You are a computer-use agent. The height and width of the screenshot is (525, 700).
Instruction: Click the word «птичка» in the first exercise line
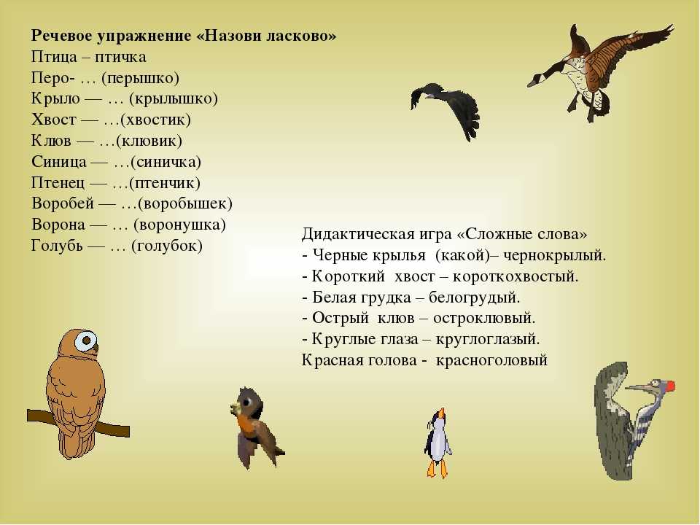120,57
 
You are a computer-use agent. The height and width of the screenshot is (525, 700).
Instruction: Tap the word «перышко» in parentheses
141,78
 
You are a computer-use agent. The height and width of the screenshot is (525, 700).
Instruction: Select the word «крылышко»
174,98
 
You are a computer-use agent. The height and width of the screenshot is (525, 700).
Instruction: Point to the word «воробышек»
185,203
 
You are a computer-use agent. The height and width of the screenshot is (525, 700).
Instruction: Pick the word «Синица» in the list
59,162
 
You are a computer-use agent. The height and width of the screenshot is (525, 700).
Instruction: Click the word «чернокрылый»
554,255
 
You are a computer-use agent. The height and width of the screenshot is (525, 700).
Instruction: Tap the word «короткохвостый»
516,276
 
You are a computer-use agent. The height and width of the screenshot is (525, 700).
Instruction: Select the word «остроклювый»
484,319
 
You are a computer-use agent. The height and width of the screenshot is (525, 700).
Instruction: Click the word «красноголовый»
491,360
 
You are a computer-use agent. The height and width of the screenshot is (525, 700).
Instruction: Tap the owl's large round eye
86,341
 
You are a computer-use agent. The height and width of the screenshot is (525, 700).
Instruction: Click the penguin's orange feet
437,469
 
